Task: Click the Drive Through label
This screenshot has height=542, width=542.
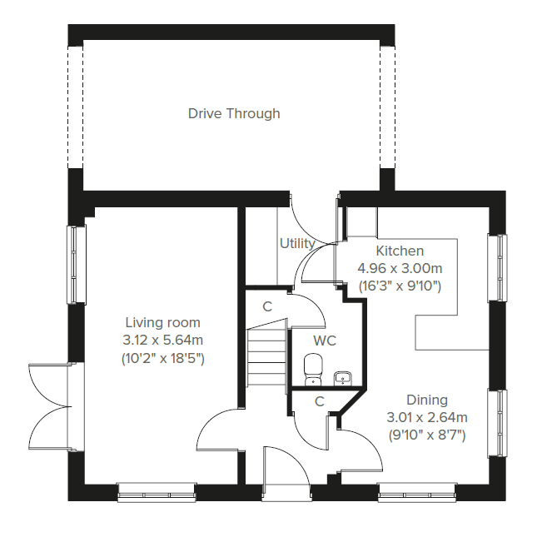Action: click(234, 113)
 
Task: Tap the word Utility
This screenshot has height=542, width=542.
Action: click(297, 244)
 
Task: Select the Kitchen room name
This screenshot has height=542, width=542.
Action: click(400, 251)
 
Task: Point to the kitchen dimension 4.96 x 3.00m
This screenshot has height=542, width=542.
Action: click(400, 268)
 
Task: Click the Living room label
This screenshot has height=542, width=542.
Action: click(162, 322)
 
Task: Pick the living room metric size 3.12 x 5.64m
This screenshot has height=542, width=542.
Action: click(162, 340)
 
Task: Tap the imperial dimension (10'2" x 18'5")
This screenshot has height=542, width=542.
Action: click(162, 358)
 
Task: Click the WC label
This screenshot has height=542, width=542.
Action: click(325, 341)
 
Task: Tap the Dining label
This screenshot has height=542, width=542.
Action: click(427, 400)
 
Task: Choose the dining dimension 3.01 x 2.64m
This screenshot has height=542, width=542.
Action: click(427, 417)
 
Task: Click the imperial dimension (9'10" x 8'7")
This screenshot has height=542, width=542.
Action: click(427, 435)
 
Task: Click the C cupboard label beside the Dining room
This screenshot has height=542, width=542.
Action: click(319, 401)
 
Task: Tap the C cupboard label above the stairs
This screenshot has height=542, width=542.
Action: click(267, 306)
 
